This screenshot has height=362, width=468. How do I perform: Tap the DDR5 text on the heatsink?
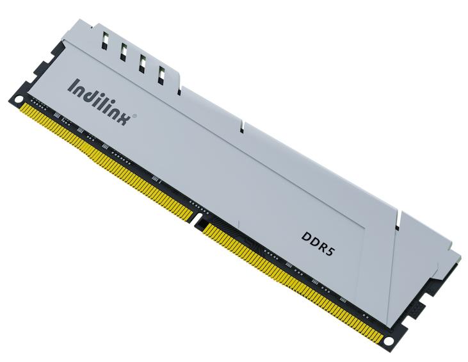319,240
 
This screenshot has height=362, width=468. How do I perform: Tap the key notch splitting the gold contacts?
198,224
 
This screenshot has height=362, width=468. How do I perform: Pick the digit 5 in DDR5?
332,248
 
